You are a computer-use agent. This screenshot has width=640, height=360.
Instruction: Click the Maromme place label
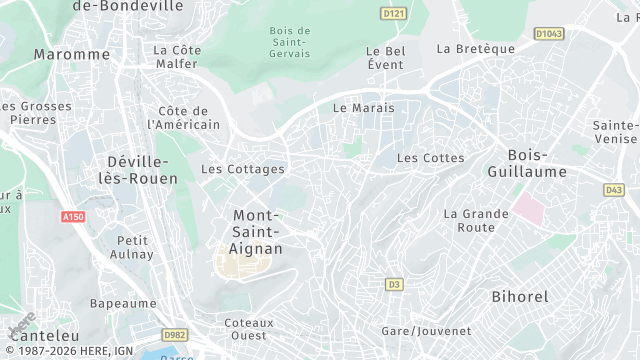click(x=57, y=54)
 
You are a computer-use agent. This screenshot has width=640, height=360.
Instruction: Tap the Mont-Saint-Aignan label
click(x=257, y=232)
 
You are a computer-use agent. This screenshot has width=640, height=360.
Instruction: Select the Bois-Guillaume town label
click(x=537, y=163)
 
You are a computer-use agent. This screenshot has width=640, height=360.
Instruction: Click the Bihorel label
click(x=521, y=297)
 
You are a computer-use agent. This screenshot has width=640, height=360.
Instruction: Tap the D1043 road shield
click(x=549, y=34)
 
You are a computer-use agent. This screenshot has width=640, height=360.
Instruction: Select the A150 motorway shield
click(x=73, y=216)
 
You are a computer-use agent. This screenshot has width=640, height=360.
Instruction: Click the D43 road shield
click(x=613, y=189)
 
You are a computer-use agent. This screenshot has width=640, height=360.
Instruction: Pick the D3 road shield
click(x=394, y=285)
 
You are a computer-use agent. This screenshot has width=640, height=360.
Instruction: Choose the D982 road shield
click(x=174, y=335)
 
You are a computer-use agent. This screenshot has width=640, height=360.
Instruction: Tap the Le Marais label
click(x=363, y=108)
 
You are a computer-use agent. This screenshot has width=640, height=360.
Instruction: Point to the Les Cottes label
click(x=430, y=158)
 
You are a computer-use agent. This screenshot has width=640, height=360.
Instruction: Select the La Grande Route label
click(x=469, y=220)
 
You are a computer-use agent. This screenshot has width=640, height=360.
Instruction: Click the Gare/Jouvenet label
click(x=426, y=331)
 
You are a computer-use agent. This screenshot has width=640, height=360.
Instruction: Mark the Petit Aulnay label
click(x=135, y=247)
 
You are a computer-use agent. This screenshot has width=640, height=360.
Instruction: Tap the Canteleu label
click(x=37, y=336)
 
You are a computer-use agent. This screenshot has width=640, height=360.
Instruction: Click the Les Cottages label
click(x=243, y=169)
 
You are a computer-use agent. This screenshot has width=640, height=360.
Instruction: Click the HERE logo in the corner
click(x=17, y=326)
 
